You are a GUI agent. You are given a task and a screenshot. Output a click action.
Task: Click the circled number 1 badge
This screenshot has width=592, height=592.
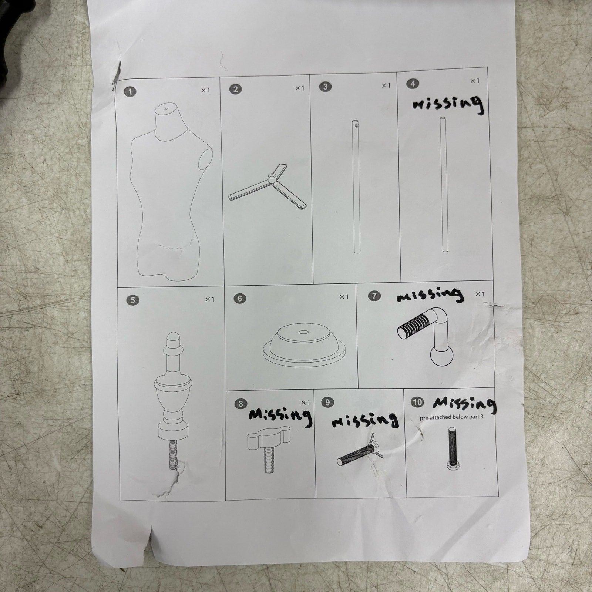(130, 91)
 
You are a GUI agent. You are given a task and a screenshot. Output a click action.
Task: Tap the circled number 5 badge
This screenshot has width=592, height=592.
(132, 300)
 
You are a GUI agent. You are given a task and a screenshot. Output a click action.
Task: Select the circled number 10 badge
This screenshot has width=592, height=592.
(417, 402)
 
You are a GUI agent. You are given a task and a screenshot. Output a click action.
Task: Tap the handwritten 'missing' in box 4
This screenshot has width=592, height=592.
(447, 104)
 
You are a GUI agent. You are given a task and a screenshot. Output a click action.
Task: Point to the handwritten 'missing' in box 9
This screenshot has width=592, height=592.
(365, 420)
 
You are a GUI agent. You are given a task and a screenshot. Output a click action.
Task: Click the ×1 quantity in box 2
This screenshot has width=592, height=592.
(300, 88)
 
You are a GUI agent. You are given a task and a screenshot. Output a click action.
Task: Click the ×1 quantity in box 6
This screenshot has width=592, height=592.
(344, 297)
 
